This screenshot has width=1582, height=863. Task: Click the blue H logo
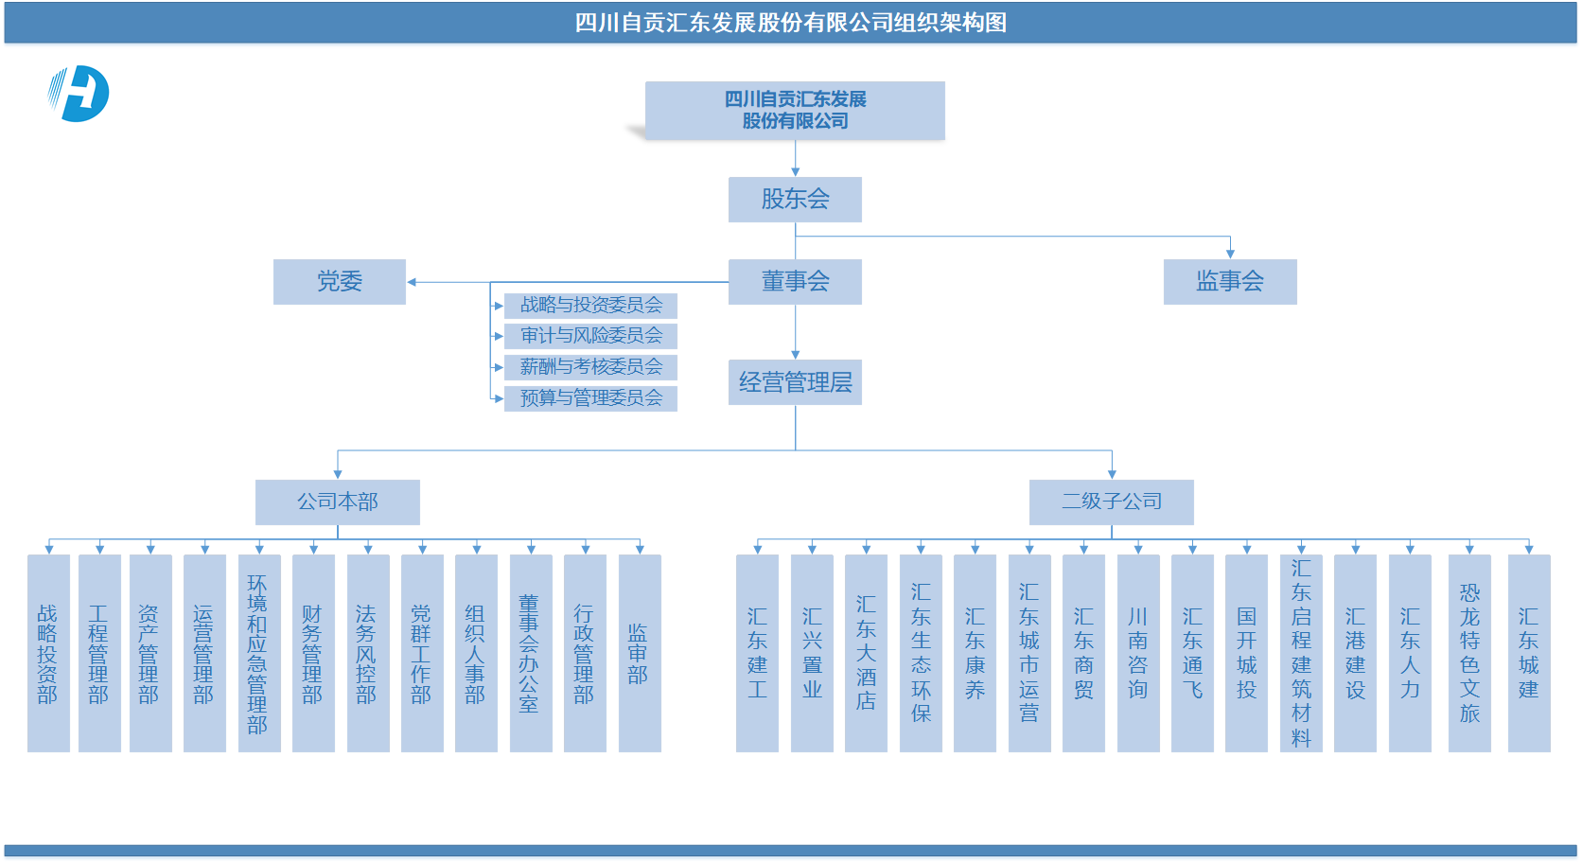79,94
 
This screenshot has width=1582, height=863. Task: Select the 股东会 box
795,199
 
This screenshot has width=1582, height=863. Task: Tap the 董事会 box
795,282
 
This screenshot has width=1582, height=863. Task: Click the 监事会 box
1230,282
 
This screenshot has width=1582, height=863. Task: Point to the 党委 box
340,282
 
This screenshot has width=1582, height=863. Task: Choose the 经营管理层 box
795,382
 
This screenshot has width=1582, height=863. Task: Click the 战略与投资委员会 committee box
590,305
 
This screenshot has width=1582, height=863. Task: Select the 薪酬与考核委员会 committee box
590,366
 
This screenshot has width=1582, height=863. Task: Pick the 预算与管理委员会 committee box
590,398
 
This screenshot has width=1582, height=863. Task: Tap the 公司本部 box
338,502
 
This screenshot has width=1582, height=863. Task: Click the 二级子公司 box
1111,502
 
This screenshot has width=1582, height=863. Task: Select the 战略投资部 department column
49,653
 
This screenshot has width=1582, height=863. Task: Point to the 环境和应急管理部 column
259,653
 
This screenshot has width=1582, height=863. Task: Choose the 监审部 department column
640,653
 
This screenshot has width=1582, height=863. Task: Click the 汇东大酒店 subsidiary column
866,653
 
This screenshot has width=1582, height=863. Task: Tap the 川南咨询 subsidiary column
1137,653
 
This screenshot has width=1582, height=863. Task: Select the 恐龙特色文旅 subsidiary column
1469,653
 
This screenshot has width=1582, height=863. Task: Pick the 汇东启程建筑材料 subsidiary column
1301,653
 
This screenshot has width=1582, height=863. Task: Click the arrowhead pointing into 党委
412,282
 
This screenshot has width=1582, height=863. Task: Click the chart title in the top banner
790,23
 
